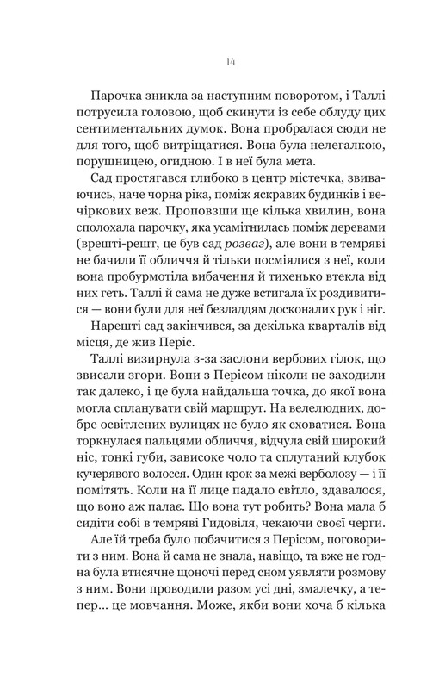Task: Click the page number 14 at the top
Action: (219, 61)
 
